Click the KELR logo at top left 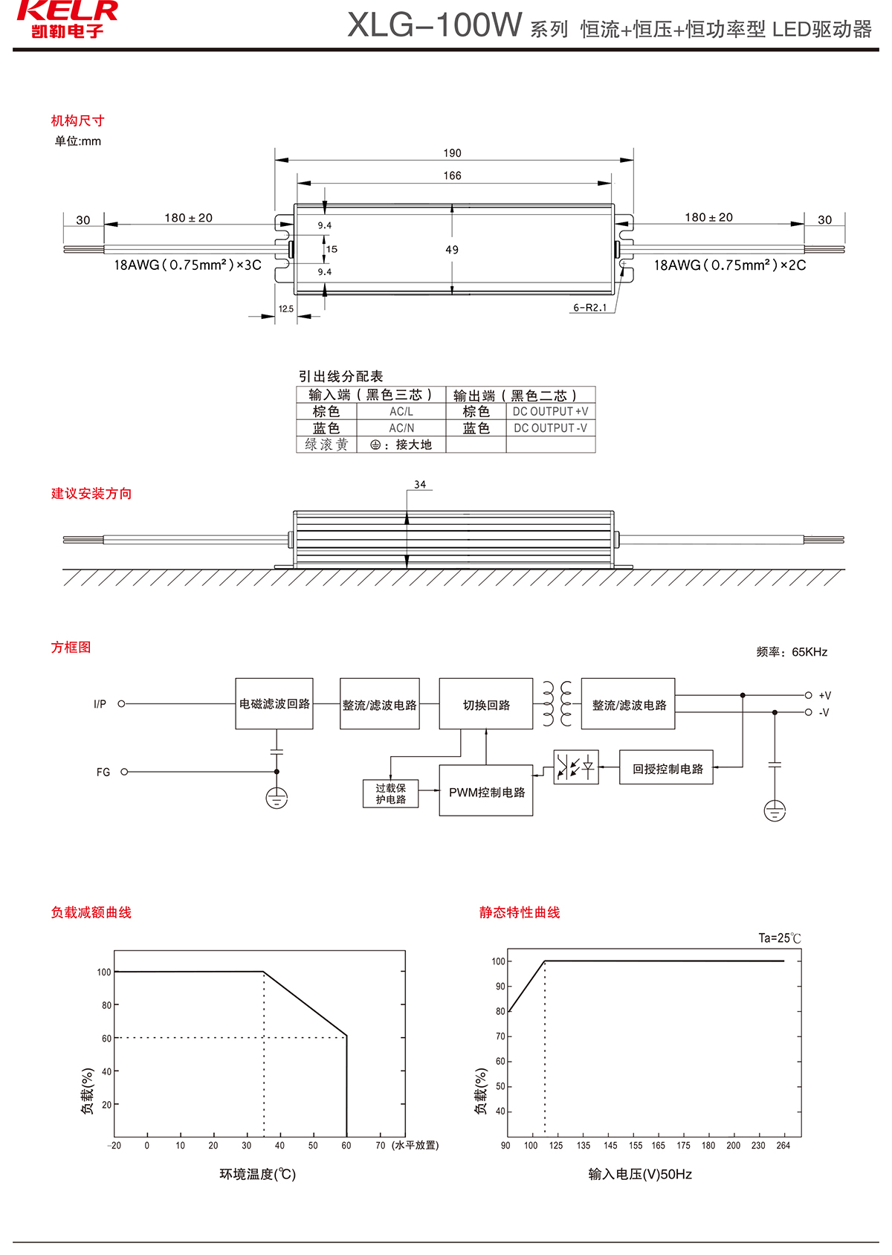pos(67,19)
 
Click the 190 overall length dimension pos(452,153)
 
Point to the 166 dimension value pos(452,175)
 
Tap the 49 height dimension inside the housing pos(452,250)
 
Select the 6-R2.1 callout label pos(589,308)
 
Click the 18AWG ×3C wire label pos(187,265)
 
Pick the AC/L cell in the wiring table pos(401,412)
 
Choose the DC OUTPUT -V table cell pos(550,428)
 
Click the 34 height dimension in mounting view pos(420,485)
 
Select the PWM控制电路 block pos(486,792)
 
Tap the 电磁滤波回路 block pos(274,703)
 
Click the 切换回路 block pos(486,704)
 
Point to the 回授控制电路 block pos(667,768)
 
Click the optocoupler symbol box pos(576,767)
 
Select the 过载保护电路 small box pos(391,794)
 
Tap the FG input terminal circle pos(124,772)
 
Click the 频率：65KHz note pos(792,652)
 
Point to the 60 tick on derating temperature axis pos(346,1146)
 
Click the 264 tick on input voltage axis pos(783,1146)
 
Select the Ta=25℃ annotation pos(780,938)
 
